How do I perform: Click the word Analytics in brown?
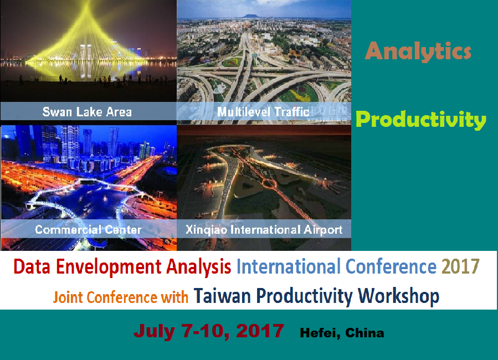click(418, 52)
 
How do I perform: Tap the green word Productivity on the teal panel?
click(421, 120)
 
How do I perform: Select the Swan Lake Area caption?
click(87, 112)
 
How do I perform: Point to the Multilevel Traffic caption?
click(263, 112)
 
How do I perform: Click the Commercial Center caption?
click(88, 229)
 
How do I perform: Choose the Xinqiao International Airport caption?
click(264, 230)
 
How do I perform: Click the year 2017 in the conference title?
click(460, 266)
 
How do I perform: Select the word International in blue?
click(289, 266)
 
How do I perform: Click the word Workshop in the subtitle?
click(399, 296)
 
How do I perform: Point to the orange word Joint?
click(68, 297)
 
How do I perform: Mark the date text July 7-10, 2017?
click(209, 331)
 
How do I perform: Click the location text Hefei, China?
click(342, 333)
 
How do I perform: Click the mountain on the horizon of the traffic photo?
click(256, 16)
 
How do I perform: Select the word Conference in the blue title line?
click(391, 266)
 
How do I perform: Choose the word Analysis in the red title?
click(198, 266)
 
